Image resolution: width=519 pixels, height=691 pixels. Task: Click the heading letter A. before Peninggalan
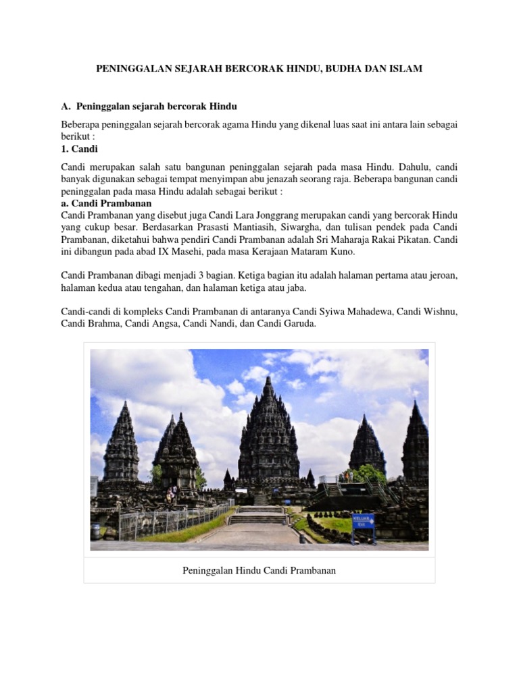[x=66, y=107]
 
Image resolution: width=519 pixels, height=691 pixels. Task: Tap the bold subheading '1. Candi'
[x=79, y=148]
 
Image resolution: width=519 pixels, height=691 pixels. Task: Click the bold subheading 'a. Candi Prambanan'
[x=106, y=203]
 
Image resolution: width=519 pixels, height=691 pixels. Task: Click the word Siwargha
[x=292, y=227]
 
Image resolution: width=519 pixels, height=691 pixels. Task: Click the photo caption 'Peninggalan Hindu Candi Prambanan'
[x=259, y=570]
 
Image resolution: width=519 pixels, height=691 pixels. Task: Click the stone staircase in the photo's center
[x=259, y=516]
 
